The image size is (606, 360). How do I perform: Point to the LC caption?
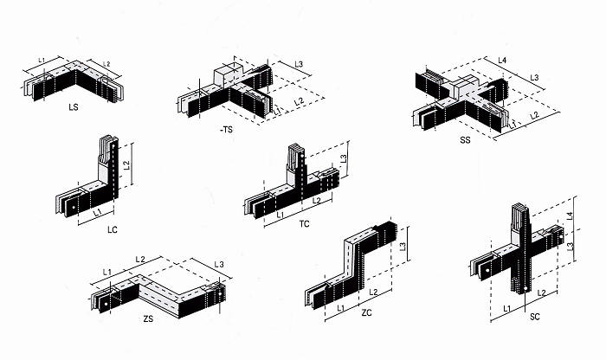click(x=112, y=230)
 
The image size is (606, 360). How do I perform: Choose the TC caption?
click(x=304, y=224)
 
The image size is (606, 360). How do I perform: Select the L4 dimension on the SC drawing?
click(x=570, y=215)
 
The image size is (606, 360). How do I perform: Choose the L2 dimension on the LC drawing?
click(x=125, y=164)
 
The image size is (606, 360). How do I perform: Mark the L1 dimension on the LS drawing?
click(x=42, y=59)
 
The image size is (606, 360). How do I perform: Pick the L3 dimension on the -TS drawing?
click(x=296, y=64)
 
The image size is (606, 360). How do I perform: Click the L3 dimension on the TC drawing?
click(x=343, y=158)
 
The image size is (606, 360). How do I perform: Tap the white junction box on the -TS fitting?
click(x=227, y=75)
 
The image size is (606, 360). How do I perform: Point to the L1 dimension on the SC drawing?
click(x=506, y=307)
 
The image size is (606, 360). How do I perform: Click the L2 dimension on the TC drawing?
click(x=316, y=200)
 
